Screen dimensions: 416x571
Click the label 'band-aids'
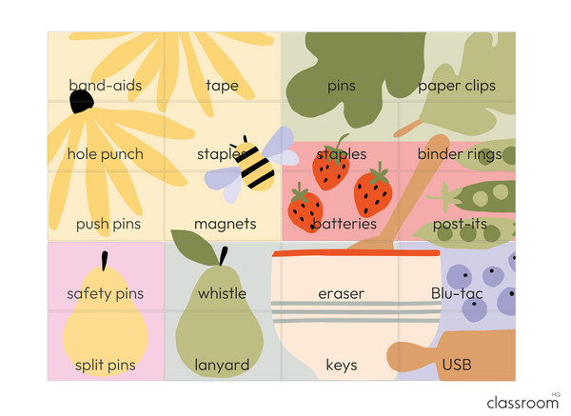pyautogui.click(x=105, y=86)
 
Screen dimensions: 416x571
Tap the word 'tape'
pyautogui.click(x=222, y=86)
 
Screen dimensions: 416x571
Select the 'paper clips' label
pyautogui.click(x=457, y=86)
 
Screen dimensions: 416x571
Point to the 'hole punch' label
pyautogui.click(x=105, y=153)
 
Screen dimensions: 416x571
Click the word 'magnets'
pyautogui.click(x=225, y=224)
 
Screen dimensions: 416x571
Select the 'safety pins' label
pyautogui.click(x=105, y=293)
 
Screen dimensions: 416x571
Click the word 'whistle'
pyautogui.click(x=222, y=293)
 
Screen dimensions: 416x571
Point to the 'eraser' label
pyautogui.click(x=341, y=293)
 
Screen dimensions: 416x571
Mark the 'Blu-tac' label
pyautogui.click(x=457, y=293)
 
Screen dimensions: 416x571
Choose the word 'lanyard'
pyautogui.click(x=222, y=365)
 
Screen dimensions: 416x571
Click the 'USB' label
pyautogui.click(x=457, y=365)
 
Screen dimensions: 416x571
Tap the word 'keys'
pyautogui.click(x=341, y=365)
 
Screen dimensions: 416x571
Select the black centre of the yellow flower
pyautogui.click(x=83, y=102)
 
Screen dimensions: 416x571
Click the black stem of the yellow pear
pyautogui.click(x=105, y=260)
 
